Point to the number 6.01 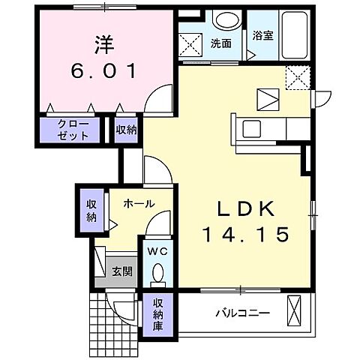tap(103, 72)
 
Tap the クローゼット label tap(73, 130)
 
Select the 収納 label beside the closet tap(126, 130)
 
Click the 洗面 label tap(220, 43)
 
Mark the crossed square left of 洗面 tap(192, 43)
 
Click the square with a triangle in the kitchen tap(267, 97)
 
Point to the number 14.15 tap(244, 235)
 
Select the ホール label tap(139, 203)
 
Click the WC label tap(157, 252)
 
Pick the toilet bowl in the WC tap(157, 278)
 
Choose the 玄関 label tap(122, 271)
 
